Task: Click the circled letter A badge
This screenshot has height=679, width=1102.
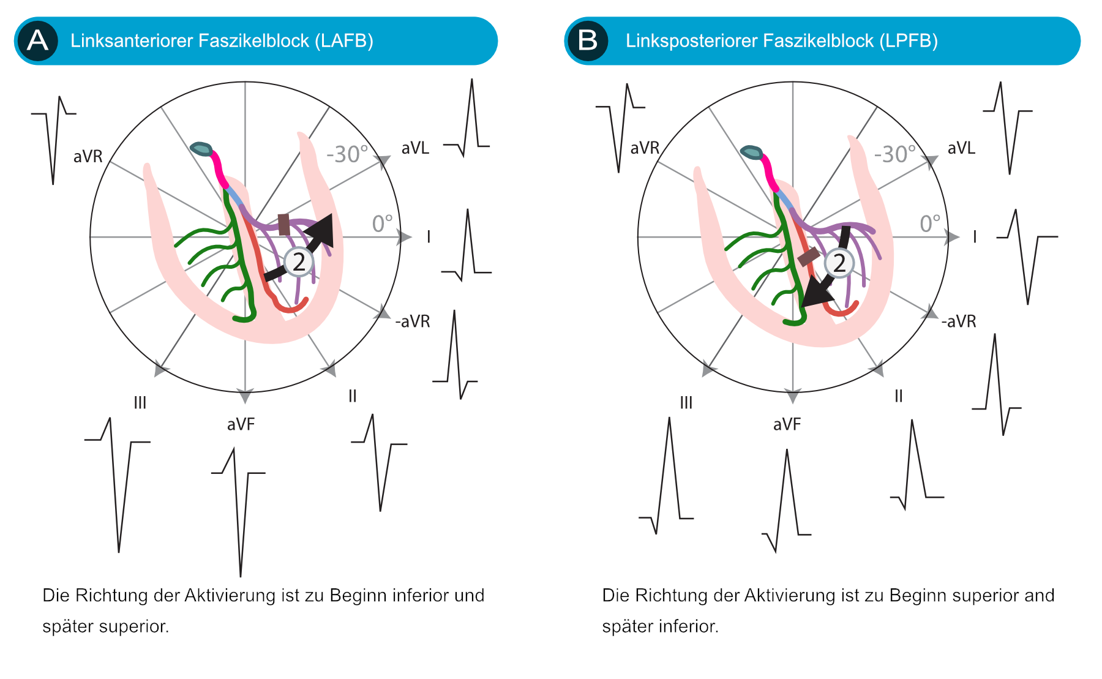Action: click(x=38, y=41)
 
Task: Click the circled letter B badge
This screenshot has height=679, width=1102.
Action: click(x=588, y=41)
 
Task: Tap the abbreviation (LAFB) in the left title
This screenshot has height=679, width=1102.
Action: click(x=344, y=41)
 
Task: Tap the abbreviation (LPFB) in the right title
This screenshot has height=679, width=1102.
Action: click(x=909, y=41)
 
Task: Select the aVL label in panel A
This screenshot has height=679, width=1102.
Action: click(x=415, y=148)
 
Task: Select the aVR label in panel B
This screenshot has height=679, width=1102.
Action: click(x=645, y=148)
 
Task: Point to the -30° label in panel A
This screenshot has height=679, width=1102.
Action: click(x=347, y=154)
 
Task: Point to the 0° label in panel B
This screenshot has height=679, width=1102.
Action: click(x=930, y=223)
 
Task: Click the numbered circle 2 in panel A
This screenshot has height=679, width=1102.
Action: click(x=299, y=263)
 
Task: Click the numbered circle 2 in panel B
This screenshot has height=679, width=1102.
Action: click(x=839, y=263)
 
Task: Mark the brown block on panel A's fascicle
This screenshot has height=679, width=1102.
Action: click(x=284, y=224)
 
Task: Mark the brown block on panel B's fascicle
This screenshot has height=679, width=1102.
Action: click(x=809, y=257)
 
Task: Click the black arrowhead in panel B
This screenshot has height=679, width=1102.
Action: click(x=817, y=293)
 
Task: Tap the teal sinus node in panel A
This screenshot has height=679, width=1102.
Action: click(x=201, y=149)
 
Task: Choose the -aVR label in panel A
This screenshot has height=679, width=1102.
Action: click(x=413, y=321)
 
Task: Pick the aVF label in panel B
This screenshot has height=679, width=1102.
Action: click(x=787, y=424)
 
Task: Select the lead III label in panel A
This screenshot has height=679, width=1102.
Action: click(x=140, y=402)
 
